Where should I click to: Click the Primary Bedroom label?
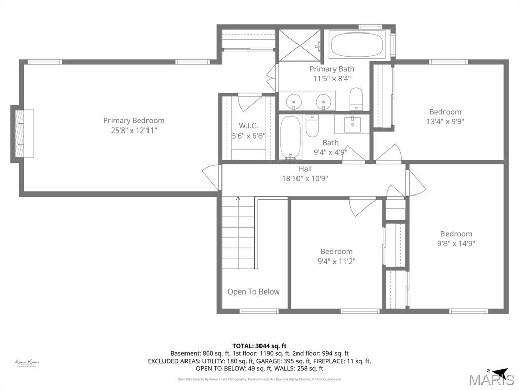[134, 121]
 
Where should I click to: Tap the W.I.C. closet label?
[249, 126]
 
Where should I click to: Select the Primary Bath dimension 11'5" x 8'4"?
[332, 79]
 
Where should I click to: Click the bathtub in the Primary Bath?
[357, 46]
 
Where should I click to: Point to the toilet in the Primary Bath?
[356, 99]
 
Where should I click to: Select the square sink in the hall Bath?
[353, 123]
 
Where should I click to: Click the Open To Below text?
[253, 291]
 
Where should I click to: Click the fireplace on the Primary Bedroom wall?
[22, 134]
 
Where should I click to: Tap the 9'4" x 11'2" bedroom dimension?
[336, 262]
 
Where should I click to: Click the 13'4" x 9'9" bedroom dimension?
[445, 122]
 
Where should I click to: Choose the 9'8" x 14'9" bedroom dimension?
[456, 243]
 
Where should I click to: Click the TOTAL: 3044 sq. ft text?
[259, 346]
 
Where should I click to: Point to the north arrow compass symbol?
[499, 371]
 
